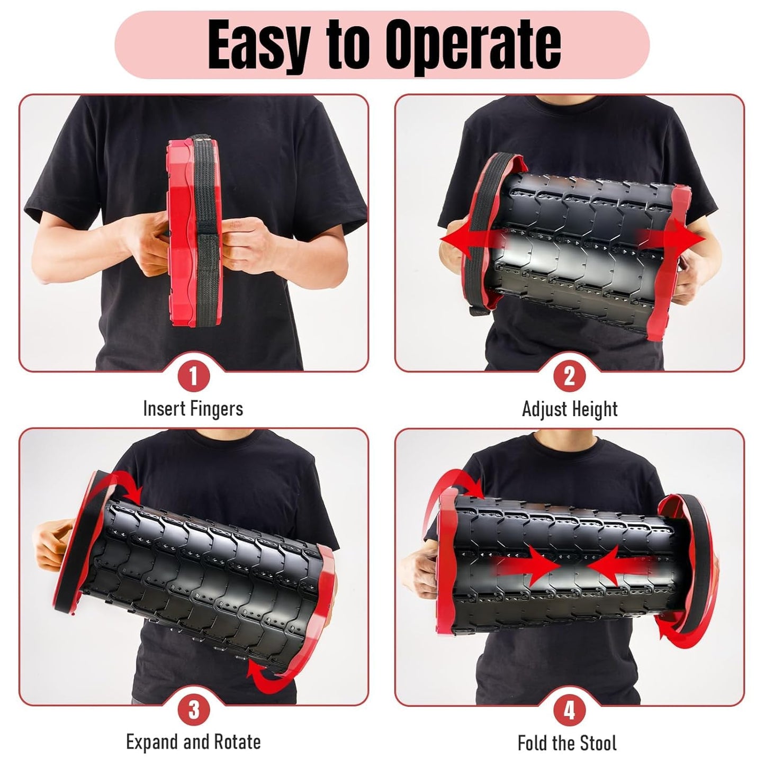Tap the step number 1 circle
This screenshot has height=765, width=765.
coord(193,377)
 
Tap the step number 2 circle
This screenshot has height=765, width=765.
coord(569,377)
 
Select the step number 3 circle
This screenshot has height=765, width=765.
coord(193,710)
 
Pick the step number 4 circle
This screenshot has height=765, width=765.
coord(569,710)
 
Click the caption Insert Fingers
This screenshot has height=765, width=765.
coord(193,409)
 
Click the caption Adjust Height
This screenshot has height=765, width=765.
coord(570,409)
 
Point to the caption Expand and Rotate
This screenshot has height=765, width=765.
coord(193,742)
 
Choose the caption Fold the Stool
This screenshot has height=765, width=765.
coord(567,743)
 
